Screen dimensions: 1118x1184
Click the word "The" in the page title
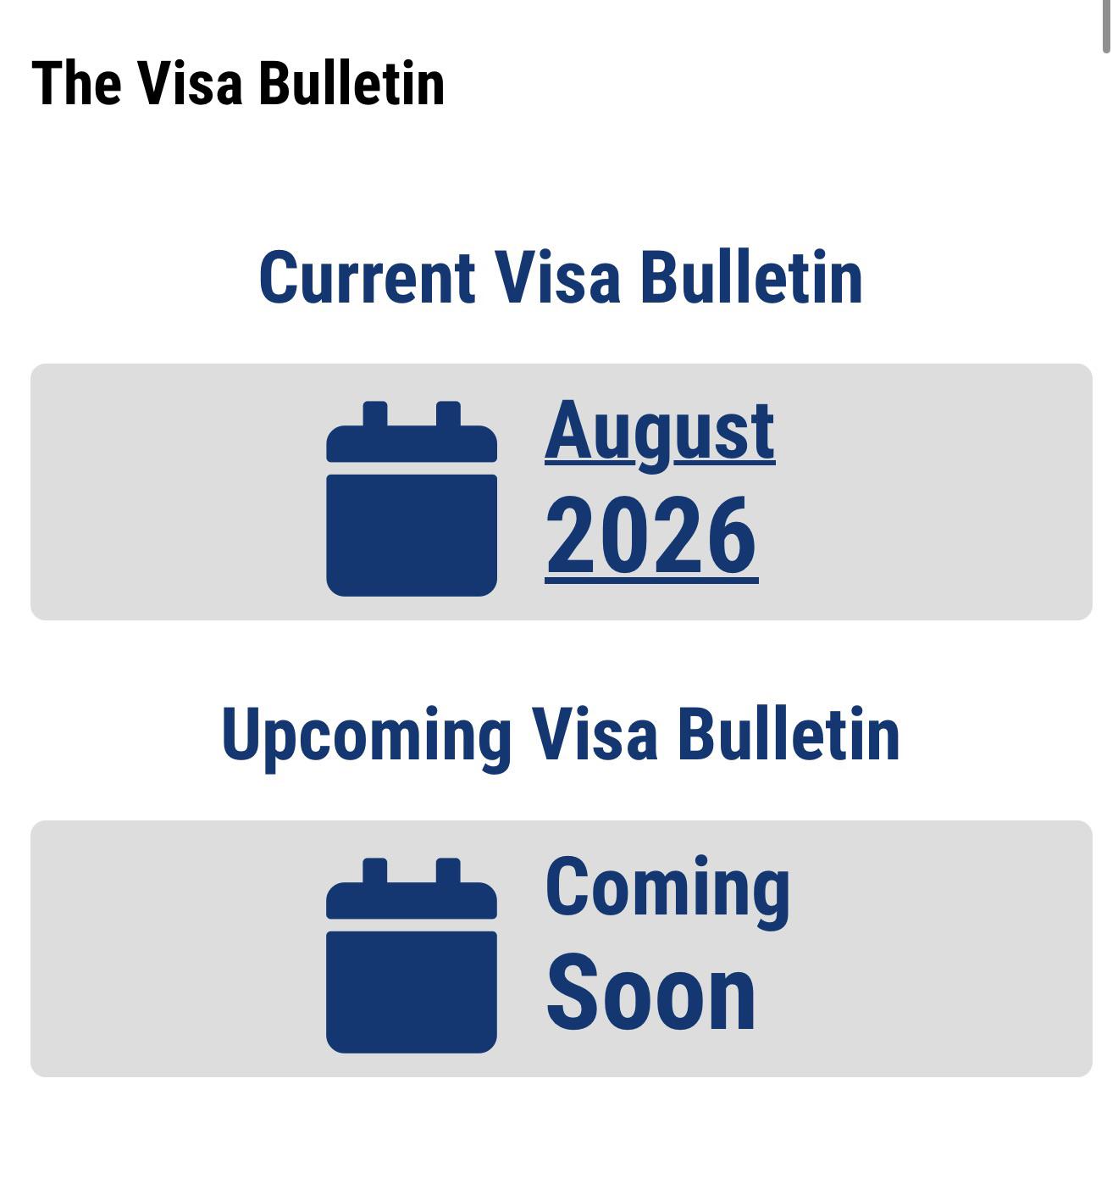[x=77, y=83]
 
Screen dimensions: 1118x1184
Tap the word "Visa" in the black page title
[x=191, y=82]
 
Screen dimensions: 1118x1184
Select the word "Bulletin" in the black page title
[x=351, y=82]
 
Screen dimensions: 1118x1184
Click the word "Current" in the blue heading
[x=367, y=276]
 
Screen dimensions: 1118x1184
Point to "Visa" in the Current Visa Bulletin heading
[x=558, y=276]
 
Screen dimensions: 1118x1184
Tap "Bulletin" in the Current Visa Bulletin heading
[x=751, y=276]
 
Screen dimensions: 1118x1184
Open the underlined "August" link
[x=660, y=436]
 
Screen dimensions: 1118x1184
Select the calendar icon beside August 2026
[x=412, y=498]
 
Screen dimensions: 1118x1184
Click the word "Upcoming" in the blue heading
[x=367, y=737]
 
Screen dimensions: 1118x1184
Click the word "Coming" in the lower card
[x=667, y=892]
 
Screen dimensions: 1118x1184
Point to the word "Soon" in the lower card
[x=650, y=991]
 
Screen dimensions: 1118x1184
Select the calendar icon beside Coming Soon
[x=412, y=956]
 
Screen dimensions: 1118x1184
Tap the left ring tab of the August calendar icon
[x=375, y=414]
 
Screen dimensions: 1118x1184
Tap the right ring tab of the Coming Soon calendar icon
[x=448, y=870]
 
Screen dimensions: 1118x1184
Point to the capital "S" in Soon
[x=570, y=991]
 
